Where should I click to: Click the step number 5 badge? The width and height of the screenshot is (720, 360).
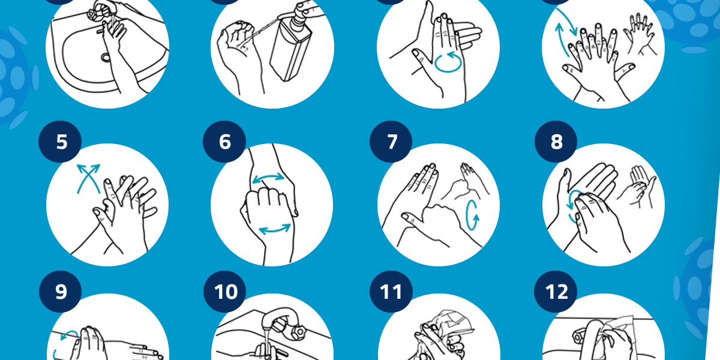(60, 142)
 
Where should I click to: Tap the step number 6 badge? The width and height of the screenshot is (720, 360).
(224, 142)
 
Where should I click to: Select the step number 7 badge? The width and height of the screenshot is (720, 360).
(391, 142)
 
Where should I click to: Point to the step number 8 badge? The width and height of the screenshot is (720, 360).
(556, 142)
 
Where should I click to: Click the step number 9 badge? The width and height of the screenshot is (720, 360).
(60, 292)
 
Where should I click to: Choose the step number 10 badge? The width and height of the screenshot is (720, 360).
(224, 292)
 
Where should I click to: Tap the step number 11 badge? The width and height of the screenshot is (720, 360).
(391, 292)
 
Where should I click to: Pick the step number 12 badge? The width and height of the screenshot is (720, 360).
(556, 292)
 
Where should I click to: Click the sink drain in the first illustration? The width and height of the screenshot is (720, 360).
(106, 58)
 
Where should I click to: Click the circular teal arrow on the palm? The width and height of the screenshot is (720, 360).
(448, 61)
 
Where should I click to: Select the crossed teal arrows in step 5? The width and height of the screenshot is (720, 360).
(88, 178)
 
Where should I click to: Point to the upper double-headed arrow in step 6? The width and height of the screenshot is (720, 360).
(268, 178)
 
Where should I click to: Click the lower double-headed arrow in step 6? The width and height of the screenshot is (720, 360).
(275, 229)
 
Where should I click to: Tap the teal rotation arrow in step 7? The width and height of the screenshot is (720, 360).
(472, 215)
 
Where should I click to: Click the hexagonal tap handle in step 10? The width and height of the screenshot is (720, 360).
(299, 333)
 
